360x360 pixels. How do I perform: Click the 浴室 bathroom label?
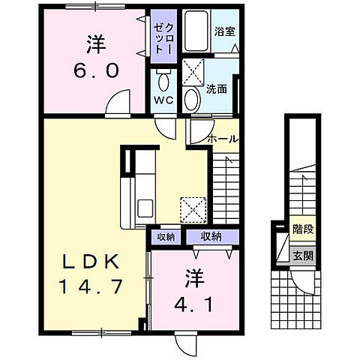tap(224, 31)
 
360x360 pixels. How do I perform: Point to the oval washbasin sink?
tap(192, 98)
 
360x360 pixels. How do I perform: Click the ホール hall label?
tap(223, 139)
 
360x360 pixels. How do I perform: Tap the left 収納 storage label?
tap(165, 237)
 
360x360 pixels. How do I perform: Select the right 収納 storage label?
tap(210, 237)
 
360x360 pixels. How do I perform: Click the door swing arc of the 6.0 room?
tap(116, 105)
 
